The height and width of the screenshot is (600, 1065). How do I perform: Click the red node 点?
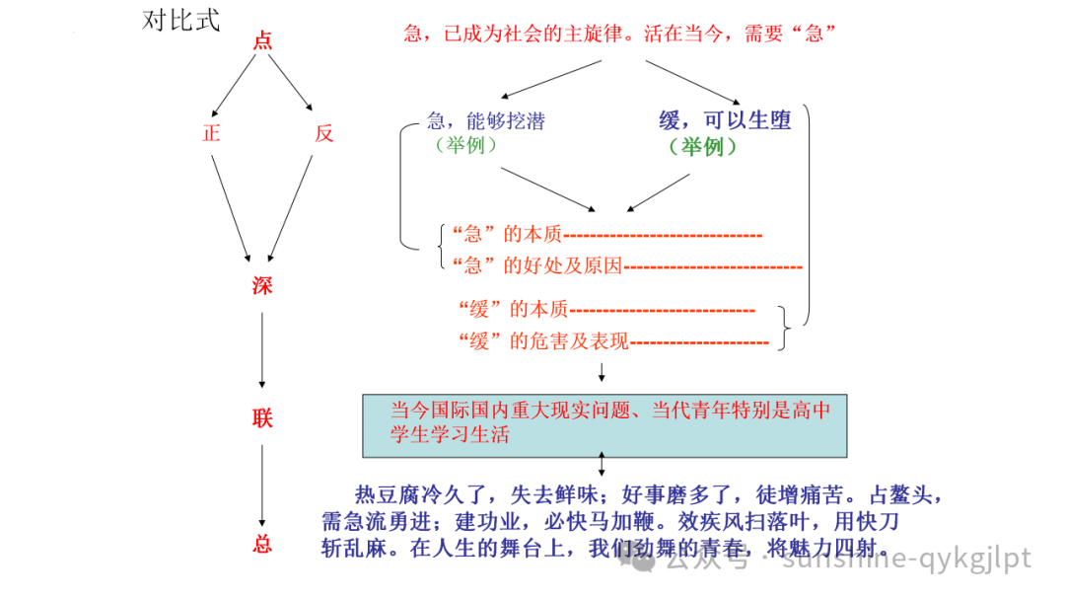tap(262, 41)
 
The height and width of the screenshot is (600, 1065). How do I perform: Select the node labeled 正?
tap(211, 133)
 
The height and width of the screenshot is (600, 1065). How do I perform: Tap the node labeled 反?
tap(324, 133)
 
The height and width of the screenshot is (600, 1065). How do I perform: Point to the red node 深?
tap(262, 286)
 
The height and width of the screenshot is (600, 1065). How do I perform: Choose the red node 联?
tap(262, 418)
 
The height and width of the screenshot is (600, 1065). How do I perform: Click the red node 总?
tap(262, 544)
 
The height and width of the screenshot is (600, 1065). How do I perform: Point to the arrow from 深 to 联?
tap(262, 350)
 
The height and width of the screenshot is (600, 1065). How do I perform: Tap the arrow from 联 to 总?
tap(262, 484)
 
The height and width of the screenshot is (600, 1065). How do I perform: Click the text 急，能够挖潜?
tap(485, 121)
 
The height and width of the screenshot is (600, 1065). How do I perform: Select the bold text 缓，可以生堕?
tap(725, 121)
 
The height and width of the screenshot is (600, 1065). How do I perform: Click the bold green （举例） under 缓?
tap(703, 147)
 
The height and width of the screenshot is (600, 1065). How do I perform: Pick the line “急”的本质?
tap(506, 235)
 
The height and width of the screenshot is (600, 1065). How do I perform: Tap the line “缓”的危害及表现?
tap(543, 341)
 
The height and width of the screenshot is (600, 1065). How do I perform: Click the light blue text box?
tap(604, 424)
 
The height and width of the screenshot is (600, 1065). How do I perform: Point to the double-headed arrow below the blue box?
tap(602, 465)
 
